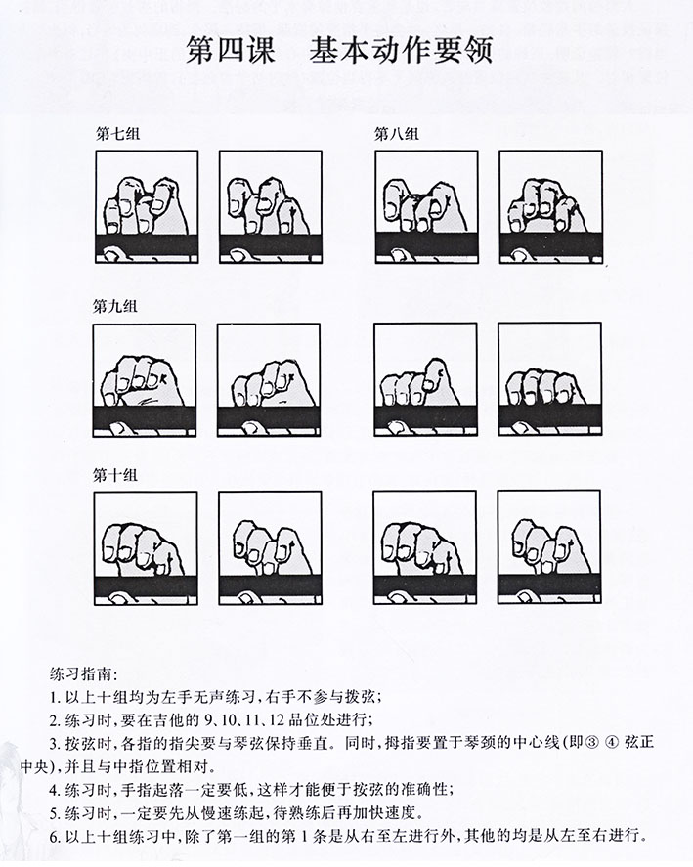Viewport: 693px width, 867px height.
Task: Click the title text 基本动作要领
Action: (x=411, y=49)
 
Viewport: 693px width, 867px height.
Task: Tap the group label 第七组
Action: (x=117, y=134)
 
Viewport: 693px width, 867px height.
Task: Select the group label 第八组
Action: (x=396, y=134)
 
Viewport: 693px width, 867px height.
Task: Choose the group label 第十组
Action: (x=115, y=476)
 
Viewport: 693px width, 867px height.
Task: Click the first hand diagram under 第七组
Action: (x=147, y=208)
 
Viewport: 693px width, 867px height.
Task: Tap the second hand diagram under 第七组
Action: (x=270, y=208)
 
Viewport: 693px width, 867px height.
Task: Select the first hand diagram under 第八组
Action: (x=426, y=208)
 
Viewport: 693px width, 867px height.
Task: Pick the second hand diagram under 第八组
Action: (x=549, y=208)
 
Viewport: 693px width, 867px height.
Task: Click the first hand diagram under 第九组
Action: (x=145, y=380)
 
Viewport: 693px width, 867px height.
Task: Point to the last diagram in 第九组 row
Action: (x=548, y=380)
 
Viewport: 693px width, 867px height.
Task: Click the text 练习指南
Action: (x=86, y=674)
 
